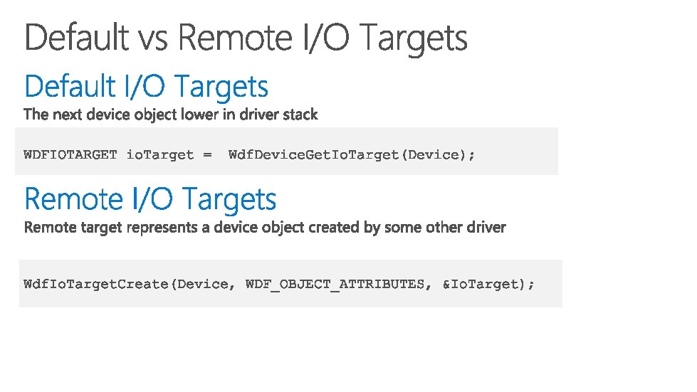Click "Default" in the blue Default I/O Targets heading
70,87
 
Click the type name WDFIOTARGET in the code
70,154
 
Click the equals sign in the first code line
207,154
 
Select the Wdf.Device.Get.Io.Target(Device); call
351,154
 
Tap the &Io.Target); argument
488,285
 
